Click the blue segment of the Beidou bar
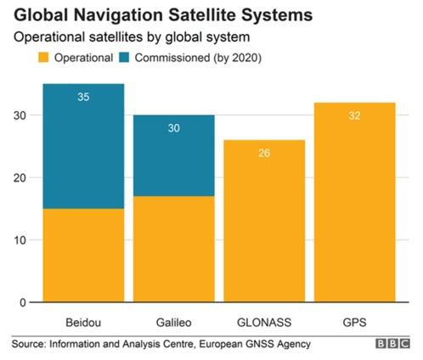coord(83,146)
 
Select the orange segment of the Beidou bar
coord(83,256)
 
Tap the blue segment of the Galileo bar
coord(174,155)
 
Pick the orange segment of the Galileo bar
coord(174,249)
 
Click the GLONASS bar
coord(264,221)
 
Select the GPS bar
coord(355,202)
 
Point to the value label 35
coord(83,97)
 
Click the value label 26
coord(264,153)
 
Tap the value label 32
coord(354,115)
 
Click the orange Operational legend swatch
coord(43,58)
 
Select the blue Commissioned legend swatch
coord(124,58)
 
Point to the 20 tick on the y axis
coord(20,178)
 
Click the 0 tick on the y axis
coord(23,302)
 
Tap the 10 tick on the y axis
coord(20,240)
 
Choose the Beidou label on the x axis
coord(83,323)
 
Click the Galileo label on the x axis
coord(174,323)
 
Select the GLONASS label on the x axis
coord(264,323)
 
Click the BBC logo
coord(392,344)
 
